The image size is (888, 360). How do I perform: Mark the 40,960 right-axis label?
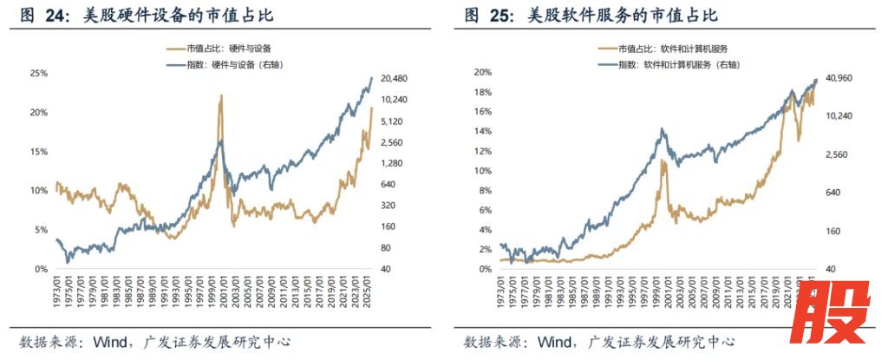[839, 78]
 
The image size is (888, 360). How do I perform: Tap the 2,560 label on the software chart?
[834, 154]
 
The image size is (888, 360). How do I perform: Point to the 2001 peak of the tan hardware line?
[221, 96]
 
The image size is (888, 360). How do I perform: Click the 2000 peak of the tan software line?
[663, 160]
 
